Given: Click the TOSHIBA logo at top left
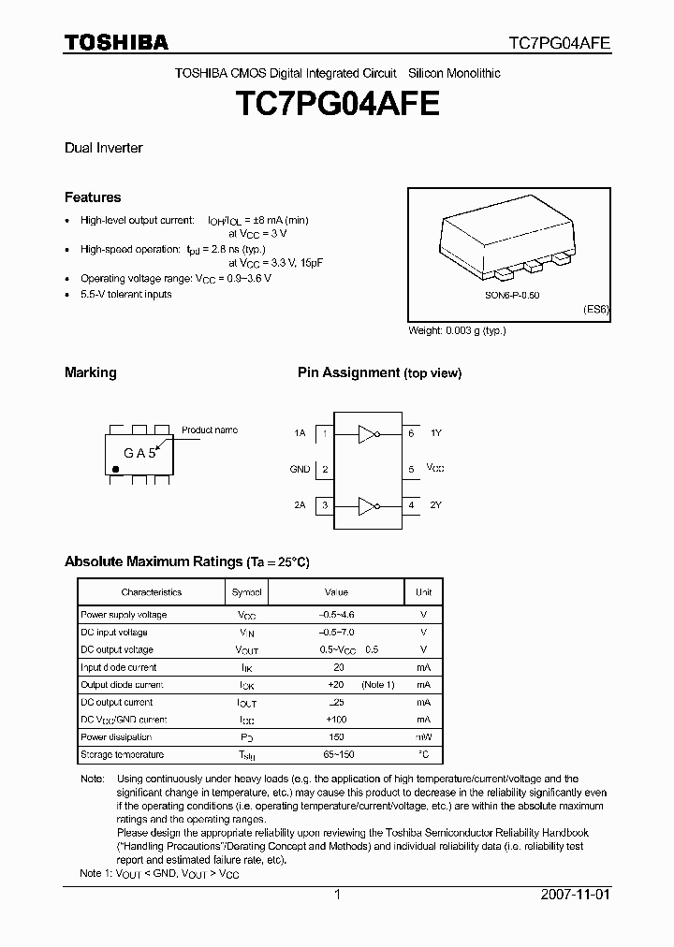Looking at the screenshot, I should coord(116,42).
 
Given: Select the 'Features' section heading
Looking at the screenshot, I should coord(93,197).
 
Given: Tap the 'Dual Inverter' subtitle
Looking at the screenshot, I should coord(103,148).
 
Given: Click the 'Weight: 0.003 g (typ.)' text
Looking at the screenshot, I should coord(457,330).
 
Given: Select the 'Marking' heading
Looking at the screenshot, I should coord(91,372).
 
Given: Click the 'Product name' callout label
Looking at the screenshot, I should coord(210,430).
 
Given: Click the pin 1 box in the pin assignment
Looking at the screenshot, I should coord(324,433).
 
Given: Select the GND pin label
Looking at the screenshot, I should coord(300,469).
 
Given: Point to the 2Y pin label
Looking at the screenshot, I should coord(435,505).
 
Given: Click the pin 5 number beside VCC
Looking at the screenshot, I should coord(410,469).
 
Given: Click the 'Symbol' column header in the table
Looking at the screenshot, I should coord(247,592).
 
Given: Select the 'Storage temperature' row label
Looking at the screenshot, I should coord(122,754).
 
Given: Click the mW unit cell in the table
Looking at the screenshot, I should coord(423,737).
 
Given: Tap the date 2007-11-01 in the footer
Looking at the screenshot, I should coord(576,895).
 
